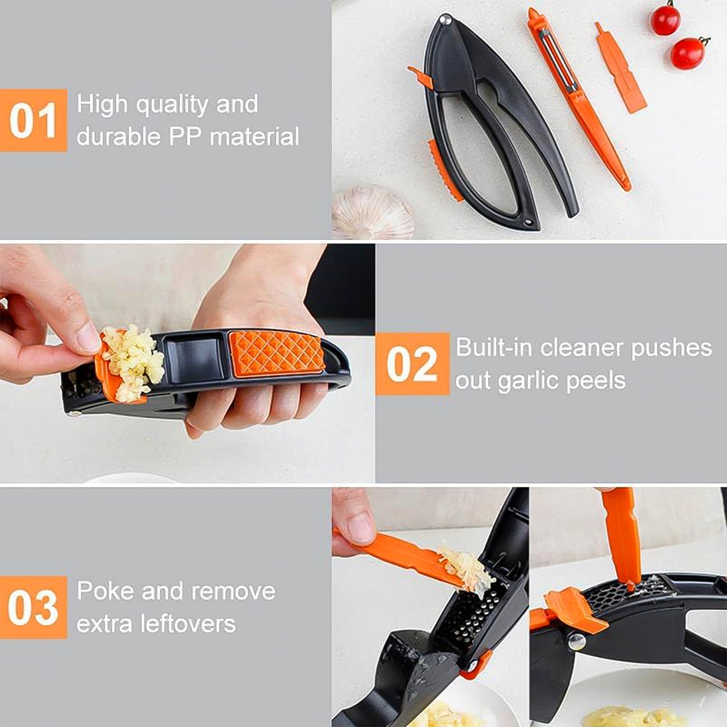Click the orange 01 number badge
(33, 120)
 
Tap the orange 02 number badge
(412, 363)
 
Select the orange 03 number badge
(33, 607)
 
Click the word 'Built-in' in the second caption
(494, 348)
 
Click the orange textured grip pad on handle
(276, 352)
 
